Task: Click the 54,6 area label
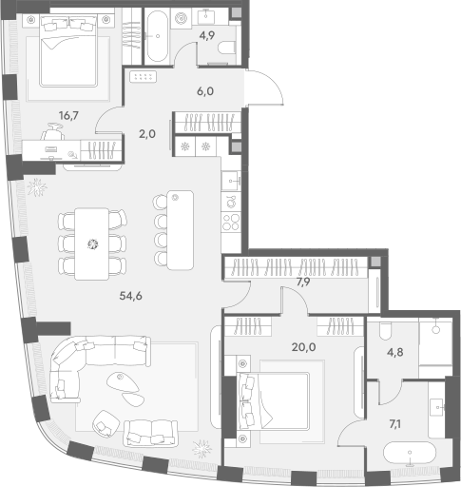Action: point(130,296)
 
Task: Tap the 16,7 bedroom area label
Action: point(68,116)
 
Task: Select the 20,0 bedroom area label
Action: point(303,347)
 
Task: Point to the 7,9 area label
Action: point(303,282)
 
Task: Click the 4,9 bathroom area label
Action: point(207,35)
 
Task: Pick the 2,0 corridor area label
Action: point(147,134)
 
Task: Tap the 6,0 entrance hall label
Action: point(205,91)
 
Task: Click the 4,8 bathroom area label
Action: point(395,352)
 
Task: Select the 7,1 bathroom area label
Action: point(394,424)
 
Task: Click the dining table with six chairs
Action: point(92,243)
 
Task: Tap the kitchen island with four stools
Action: point(174,230)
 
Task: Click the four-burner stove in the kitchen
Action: point(230,222)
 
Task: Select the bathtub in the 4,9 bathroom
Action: point(158,36)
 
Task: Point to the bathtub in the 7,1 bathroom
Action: point(410,454)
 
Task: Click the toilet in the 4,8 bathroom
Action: point(386,331)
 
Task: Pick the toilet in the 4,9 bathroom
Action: point(226,48)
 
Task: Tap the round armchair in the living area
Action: point(106,424)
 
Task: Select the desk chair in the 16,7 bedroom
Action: point(52,132)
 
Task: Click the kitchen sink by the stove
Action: point(231,182)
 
